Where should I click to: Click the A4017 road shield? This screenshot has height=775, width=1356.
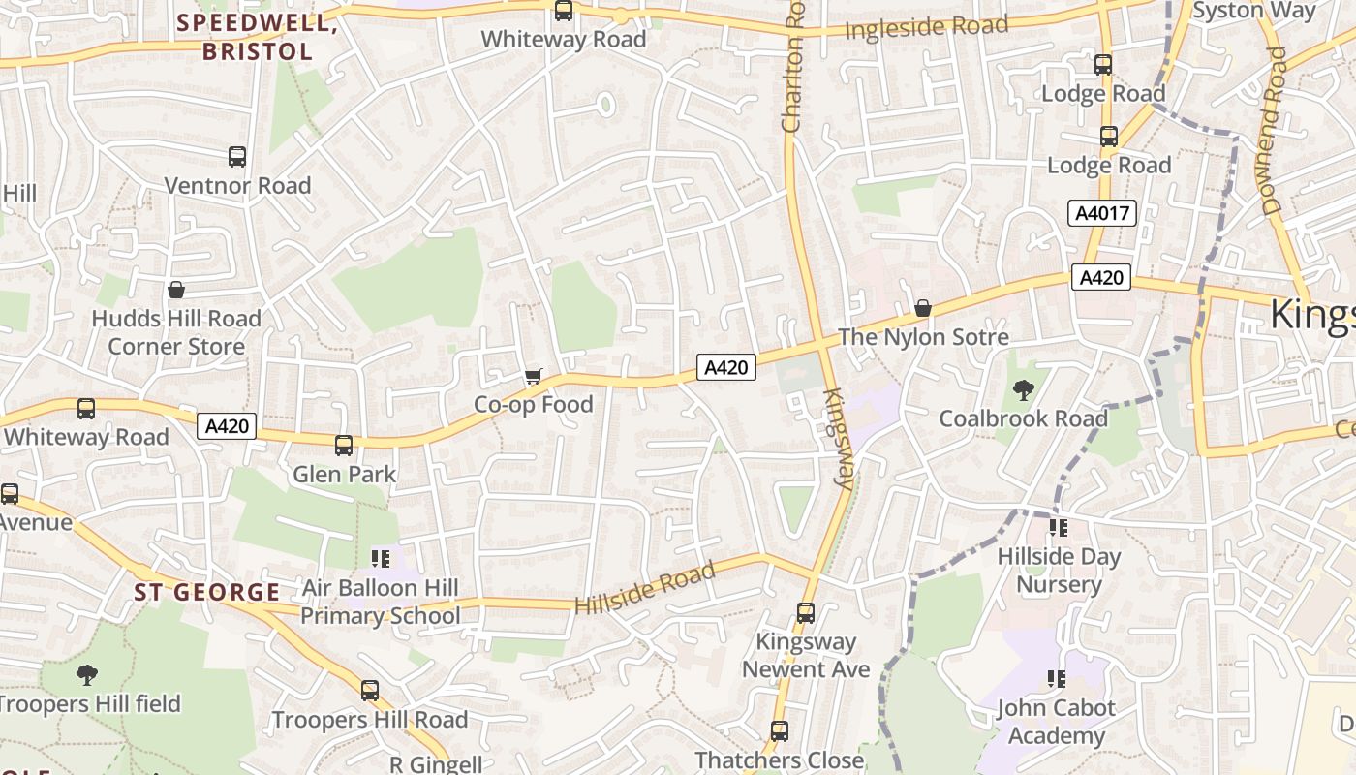coord(1101,213)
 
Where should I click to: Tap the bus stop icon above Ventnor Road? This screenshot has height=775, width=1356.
coord(237,156)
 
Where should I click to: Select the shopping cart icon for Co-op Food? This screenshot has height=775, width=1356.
coord(533,376)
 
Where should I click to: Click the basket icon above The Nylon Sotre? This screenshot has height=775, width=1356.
coord(923,308)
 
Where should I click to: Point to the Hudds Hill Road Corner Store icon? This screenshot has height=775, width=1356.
coord(176,290)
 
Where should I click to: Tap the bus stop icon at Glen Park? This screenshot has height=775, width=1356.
coord(344,446)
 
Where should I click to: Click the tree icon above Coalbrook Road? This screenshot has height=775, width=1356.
coord(1023,390)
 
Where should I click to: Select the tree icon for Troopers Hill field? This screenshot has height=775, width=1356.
coord(87,674)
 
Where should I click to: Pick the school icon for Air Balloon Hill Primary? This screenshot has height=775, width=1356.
coord(380,558)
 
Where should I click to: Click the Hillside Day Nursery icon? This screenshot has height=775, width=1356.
coord(1058,528)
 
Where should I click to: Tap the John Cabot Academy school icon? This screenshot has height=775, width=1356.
coord(1056,678)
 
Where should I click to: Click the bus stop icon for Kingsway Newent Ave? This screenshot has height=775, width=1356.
coord(805,612)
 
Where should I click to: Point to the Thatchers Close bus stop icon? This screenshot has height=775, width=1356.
coord(780,730)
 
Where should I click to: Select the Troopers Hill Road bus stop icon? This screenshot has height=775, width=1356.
coord(369,690)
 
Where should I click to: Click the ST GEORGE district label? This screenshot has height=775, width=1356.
coord(207,592)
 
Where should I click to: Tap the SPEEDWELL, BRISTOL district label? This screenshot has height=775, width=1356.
coord(258,37)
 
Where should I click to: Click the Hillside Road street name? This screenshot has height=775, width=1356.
coord(645,588)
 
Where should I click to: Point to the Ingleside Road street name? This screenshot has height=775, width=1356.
coord(926,27)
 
